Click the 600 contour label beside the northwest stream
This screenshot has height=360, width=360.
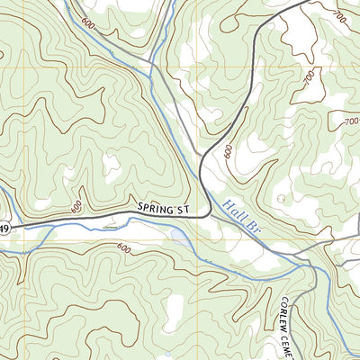[87, 23]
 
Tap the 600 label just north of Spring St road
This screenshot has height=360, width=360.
[77, 206]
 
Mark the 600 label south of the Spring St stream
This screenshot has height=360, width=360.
[123, 248]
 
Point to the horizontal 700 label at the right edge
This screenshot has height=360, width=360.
[349, 121]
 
